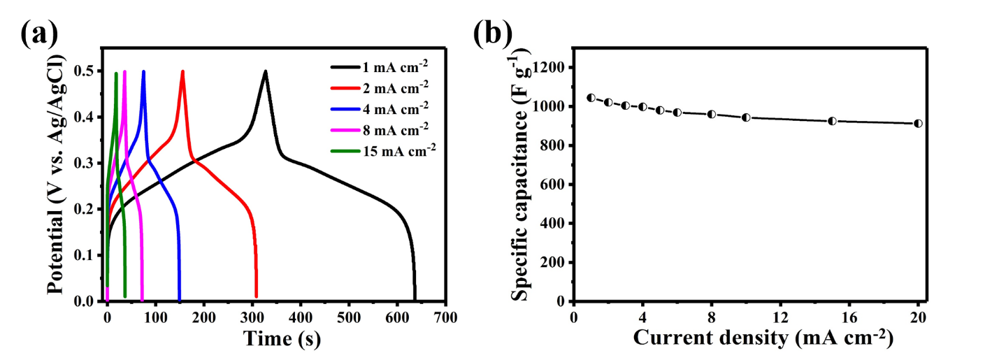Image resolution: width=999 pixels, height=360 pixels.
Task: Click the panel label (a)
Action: pyautogui.click(x=39, y=33)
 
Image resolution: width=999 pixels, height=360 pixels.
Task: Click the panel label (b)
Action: pyautogui.click(x=492, y=33)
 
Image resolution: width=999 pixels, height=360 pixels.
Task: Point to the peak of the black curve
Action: pyautogui.click(x=266, y=71)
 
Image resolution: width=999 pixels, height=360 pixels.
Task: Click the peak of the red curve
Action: pyautogui.click(x=183, y=71)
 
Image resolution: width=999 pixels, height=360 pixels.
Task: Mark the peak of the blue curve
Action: pyautogui.click(x=144, y=71)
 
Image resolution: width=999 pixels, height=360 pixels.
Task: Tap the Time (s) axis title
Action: pyautogui.click(x=282, y=340)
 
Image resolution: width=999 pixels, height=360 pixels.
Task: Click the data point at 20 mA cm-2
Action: pyautogui.click(x=918, y=124)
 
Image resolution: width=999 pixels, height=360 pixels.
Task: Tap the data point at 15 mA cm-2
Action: pyautogui.click(x=832, y=121)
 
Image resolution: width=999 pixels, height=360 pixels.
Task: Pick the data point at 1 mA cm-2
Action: pyautogui.click(x=591, y=98)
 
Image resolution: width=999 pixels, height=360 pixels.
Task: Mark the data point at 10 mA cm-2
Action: pyautogui.click(x=746, y=117)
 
